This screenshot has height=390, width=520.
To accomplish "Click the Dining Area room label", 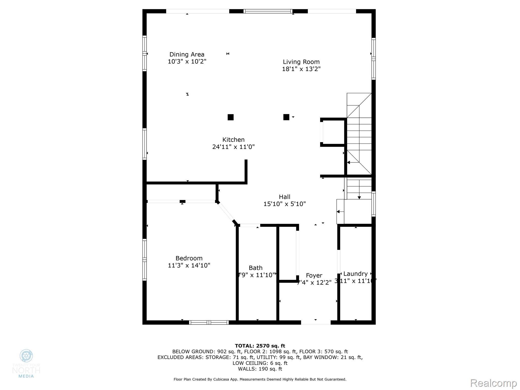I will tap(187, 54).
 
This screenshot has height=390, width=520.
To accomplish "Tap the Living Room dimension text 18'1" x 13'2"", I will tap(301, 69).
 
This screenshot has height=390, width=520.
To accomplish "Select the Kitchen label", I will tap(233, 140).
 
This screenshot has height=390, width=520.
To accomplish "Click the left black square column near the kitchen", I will tap(231, 117).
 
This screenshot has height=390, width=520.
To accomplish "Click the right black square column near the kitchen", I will tap(286, 117).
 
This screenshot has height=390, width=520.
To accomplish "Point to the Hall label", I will tap(284, 197).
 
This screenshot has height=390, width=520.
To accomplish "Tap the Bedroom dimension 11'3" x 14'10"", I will tap(189, 265).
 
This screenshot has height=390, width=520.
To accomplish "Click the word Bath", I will tap(255, 268).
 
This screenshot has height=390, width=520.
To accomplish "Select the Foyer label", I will tap(314, 275).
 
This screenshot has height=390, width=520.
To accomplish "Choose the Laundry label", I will tap(355, 274).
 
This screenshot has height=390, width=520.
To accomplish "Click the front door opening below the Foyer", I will tap(316, 322).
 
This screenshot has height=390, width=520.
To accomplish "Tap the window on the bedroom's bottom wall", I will tap(209, 322).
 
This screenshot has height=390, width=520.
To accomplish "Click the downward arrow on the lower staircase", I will tap(359, 197).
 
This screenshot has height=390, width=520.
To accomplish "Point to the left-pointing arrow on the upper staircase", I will tap(349, 162).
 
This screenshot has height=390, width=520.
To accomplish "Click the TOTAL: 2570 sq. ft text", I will tap(260, 346).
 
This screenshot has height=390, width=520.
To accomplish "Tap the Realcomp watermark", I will tap(493, 383).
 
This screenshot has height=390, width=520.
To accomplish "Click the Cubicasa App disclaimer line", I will tap(260, 379).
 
